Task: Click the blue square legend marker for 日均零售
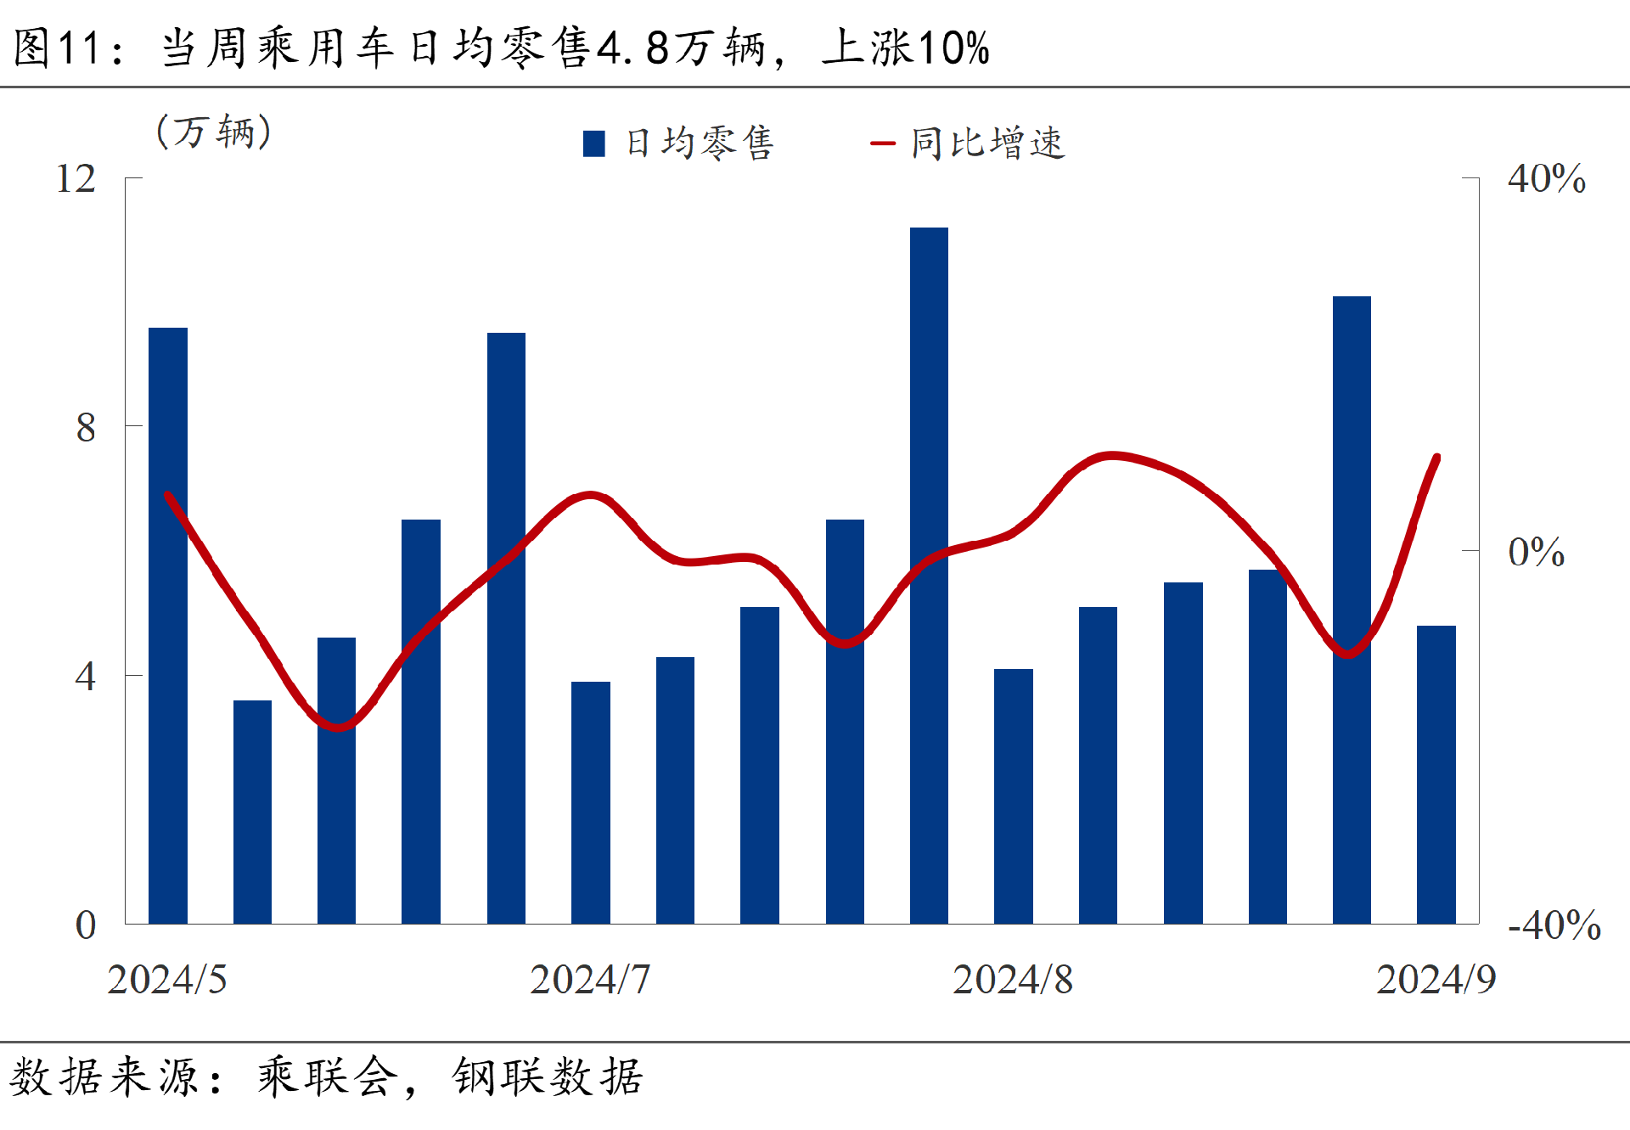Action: coord(594,143)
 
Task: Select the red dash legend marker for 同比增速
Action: coord(883,143)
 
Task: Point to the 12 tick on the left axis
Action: coord(76,179)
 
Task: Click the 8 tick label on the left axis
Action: coord(86,427)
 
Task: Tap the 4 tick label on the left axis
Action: coord(86,677)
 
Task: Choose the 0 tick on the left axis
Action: coord(86,925)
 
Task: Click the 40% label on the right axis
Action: coord(1546,179)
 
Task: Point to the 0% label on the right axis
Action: coord(1536,553)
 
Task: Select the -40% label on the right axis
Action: coord(1554,925)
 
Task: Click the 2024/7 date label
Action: coord(590,980)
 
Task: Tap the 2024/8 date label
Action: coord(1012,980)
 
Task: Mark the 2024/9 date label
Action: coord(1436,980)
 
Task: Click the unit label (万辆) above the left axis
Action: coord(214,132)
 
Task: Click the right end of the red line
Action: coord(1436,458)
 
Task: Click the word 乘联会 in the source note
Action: coord(328,1077)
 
